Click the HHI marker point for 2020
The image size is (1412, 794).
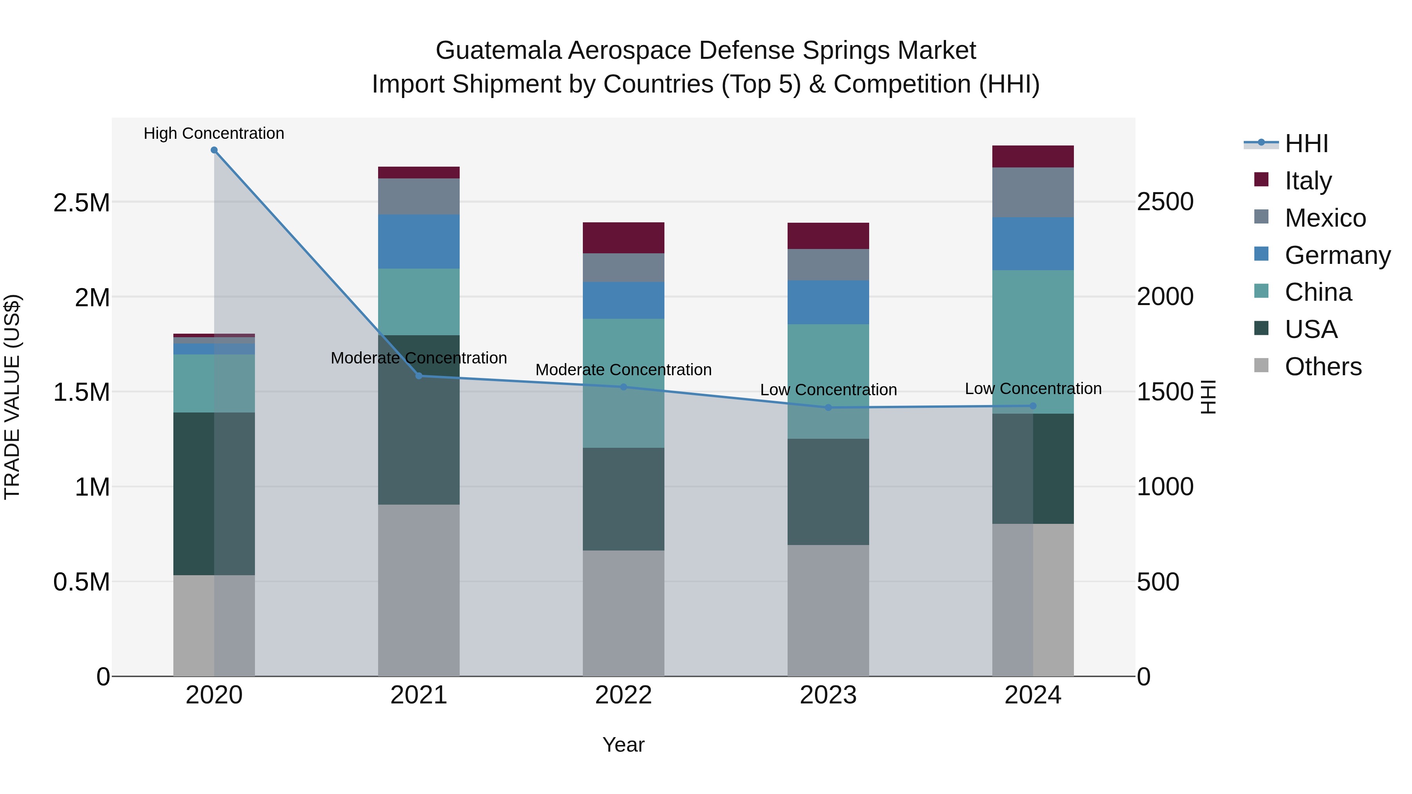pos(214,150)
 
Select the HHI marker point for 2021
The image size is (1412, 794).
pos(419,376)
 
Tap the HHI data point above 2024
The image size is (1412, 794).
pos(1033,406)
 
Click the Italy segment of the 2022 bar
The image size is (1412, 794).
pos(623,238)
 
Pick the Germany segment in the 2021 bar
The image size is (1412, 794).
pos(419,242)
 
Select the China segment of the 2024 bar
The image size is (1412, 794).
pos(1033,342)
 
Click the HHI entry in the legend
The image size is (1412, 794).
pos(1306,144)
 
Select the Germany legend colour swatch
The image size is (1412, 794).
pos(1261,254)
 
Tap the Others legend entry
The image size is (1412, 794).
pos(1323,367)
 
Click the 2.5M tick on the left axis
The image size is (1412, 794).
pos(82,203)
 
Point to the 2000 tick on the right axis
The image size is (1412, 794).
pos(1165,296)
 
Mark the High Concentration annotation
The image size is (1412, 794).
pos(214,133)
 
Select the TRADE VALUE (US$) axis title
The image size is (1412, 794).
pos(12,397)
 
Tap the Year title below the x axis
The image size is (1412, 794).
pos(623,745)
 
